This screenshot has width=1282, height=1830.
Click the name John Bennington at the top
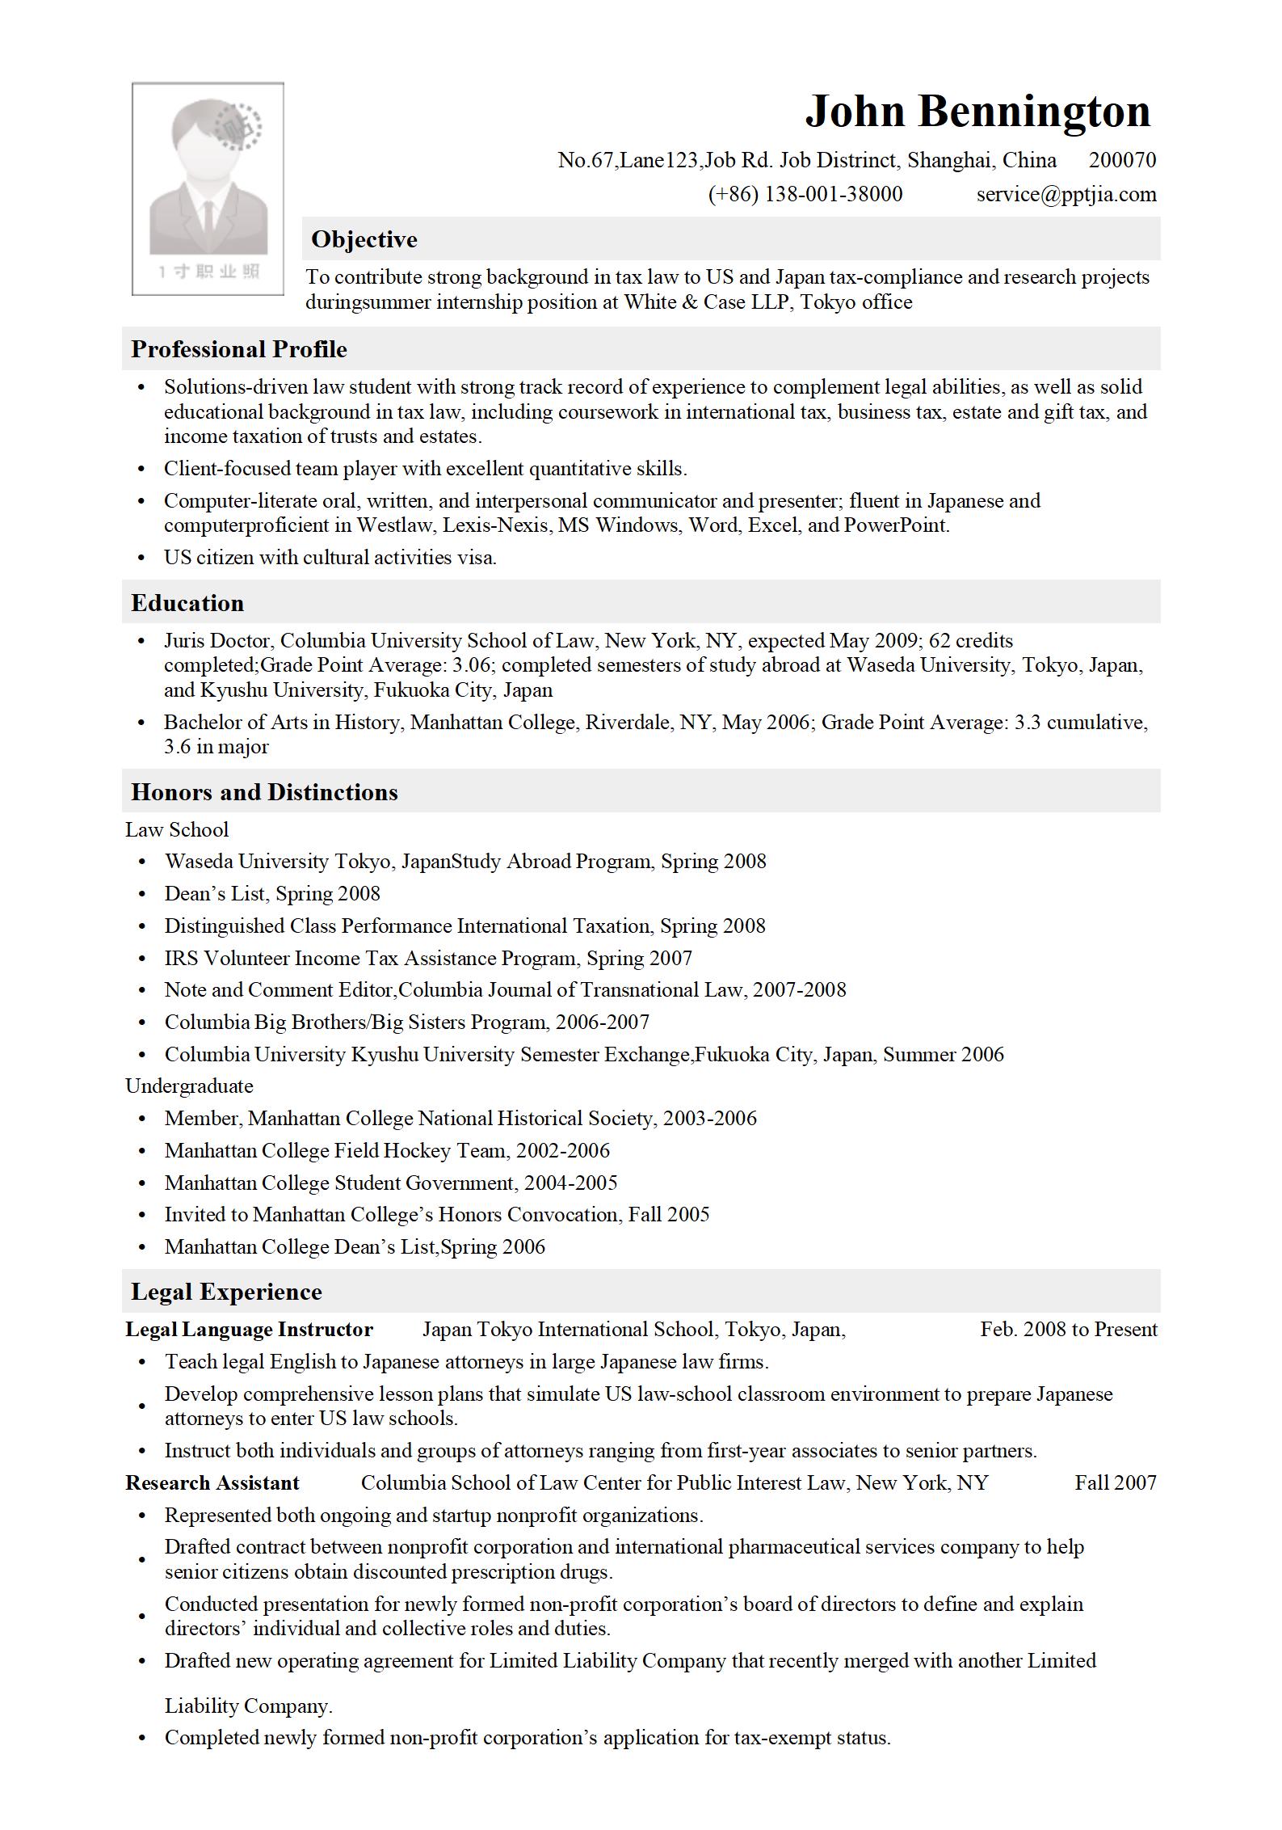point(977,112)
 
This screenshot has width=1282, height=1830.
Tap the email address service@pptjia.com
point(1066,194)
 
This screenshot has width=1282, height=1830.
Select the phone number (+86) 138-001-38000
point(805,194)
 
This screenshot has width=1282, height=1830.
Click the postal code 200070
point(1122,160)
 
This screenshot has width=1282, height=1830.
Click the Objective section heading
point(364,239)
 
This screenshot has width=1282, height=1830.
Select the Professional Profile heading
point(239,349)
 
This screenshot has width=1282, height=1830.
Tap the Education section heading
point(187,603)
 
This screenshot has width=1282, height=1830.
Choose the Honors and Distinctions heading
point(264,792)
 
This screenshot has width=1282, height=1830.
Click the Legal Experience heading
point(226,1292)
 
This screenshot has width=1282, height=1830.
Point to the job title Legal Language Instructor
point(249,1330)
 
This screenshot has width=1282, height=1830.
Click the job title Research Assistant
point(212,1482)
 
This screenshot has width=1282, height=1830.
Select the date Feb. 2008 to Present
point(1069,1330)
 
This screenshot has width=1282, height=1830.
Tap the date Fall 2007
point(1116,1482)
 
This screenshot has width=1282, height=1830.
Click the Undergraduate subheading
point(189,1086)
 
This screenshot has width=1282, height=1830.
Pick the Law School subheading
point(177,829)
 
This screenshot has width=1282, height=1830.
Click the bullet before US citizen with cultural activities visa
point(142,558)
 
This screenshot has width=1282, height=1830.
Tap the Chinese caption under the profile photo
point(208,272)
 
